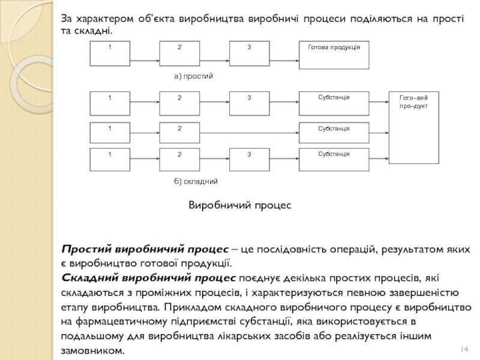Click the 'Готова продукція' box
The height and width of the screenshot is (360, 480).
tap(334, 53)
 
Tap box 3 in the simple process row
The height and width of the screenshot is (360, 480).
tap(250, 53)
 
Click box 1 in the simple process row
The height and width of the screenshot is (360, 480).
tap(110, 53)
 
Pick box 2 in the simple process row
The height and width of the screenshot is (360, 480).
tap(179, 53)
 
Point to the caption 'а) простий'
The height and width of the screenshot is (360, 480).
tap(194, 77)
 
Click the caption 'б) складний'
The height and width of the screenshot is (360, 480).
tap(196, 181)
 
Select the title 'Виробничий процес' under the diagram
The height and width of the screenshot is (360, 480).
tap(240, 205)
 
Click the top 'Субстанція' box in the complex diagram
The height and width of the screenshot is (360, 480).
tap(334, 103)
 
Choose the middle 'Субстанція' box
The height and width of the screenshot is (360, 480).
tap(334, 133)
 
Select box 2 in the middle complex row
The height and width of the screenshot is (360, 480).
tap(179, 133)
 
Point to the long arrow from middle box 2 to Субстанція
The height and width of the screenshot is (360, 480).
tap(249, 133)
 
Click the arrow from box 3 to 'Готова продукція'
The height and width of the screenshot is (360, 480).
tap(284, 61)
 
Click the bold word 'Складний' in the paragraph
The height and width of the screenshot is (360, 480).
tap(89, 278)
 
